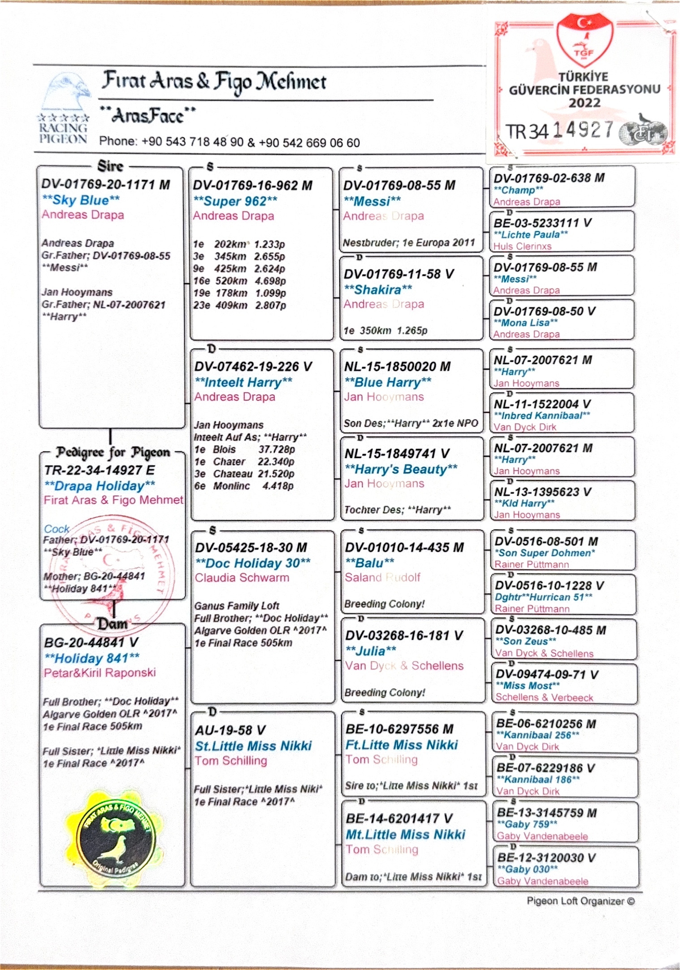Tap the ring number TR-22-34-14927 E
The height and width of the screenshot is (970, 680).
point(100,470)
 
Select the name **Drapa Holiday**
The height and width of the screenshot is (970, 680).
point(100,486)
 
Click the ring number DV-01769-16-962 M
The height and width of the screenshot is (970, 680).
point(252,185)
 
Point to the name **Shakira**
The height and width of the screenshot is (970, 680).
point(378,290)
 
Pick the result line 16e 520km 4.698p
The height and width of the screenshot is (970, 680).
point(239,281)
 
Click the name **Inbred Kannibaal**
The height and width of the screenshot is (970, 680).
point(541,415)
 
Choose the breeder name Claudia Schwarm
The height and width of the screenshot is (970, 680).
point(242,577)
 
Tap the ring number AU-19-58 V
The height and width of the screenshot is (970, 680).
point(230,730)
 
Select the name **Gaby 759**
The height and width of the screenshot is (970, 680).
point(527,824)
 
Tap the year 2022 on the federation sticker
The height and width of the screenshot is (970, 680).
point(584,103)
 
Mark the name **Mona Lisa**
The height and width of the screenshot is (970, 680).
point(525,323)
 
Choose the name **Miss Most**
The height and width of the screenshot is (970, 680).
point(528,686)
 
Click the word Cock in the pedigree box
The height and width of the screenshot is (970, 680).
point(56,529)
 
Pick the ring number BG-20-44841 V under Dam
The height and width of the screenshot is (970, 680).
point(91,642)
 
